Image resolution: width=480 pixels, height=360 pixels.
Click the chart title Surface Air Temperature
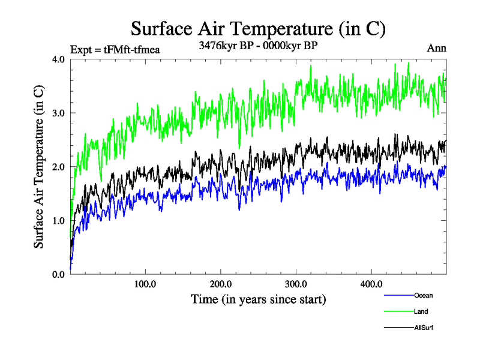tap(258, 28)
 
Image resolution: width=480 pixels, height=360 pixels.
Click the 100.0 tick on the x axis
tap(145, 284)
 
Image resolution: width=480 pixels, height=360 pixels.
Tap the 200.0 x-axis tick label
tap(221, 284)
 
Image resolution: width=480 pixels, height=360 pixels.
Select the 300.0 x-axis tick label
tap(296, 284)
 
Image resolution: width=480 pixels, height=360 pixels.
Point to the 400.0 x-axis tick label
tap(371, 284)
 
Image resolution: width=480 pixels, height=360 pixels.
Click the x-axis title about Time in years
tap(258, 298)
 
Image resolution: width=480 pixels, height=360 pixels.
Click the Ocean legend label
tap(423, 295)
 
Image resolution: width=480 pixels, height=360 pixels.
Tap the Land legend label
tap(421, 311)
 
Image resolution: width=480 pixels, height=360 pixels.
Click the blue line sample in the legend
tap(398, 296)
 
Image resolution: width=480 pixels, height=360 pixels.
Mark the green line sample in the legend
tap(398, 312)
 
